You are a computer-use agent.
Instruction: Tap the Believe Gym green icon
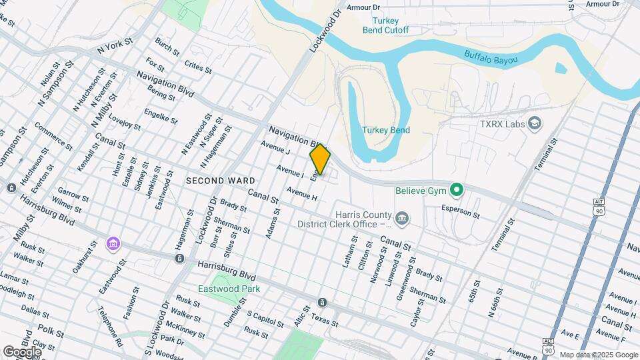tap(457, 191)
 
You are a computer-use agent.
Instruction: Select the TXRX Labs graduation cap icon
tap(534, 123)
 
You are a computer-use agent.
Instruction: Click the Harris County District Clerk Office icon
tap(402, 218)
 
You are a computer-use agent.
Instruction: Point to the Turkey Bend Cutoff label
tap(391, 25)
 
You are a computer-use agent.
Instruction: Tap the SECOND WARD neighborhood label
tap(220, 181)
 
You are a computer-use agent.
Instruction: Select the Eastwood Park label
tap(229, 289)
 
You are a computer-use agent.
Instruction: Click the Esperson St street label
tap(460, 213)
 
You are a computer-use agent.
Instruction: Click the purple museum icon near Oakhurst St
tap(113, 244)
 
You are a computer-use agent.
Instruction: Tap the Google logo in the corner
tap(22, 351)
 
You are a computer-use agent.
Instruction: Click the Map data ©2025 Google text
tap(599, 355)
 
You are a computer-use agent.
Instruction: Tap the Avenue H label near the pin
tap(301, 194)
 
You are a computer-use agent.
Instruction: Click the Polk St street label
tap(49, 331)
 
